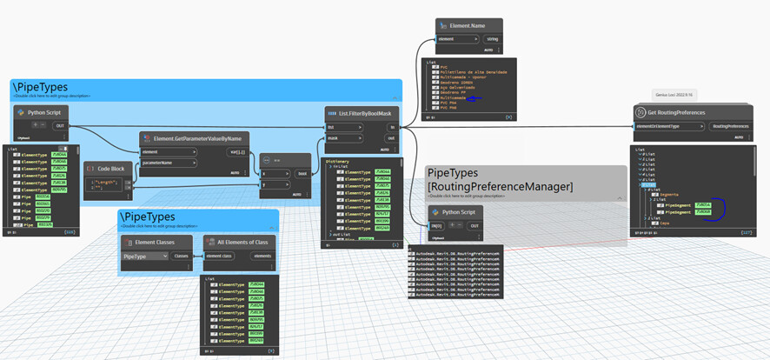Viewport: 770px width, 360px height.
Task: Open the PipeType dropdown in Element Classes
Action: coord(144,257)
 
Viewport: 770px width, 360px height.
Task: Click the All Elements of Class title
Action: coord(236,241)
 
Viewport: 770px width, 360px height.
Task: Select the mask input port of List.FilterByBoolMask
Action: coord(333,137)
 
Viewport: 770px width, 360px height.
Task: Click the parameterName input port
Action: coord(167,162)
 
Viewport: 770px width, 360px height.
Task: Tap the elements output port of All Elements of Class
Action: coord(260,257)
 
